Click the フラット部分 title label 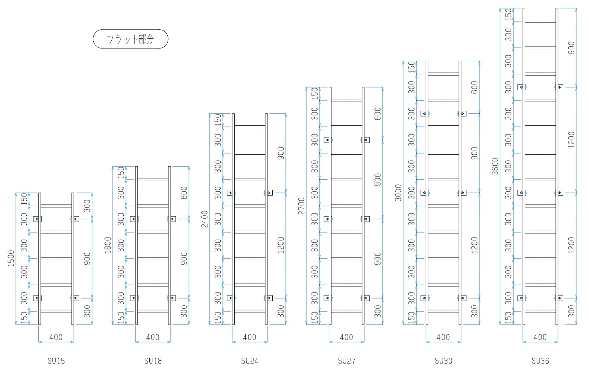(130, 39)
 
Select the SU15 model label (56, 361)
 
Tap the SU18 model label (153, 361)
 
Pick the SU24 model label (250, 361)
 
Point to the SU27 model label (347, 361)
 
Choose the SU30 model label (444, 361)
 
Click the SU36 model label (540, 361)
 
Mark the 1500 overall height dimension (11, 258)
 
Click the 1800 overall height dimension (108, 245)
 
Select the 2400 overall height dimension (204, 219)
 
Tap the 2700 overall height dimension (301, 206)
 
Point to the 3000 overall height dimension (398, 193)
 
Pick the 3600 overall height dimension (495, 166)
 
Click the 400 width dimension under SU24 (250, 337)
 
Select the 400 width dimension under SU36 (540, 337)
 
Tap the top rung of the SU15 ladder (56, 206)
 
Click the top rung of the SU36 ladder (540, 21)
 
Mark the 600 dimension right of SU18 (184, 193)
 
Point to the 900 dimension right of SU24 (281, 153)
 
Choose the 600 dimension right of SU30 (475, 87)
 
